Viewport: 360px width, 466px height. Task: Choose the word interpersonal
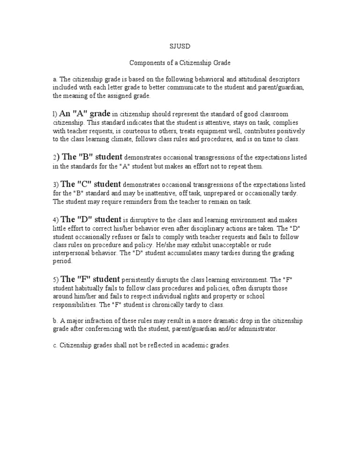[75, 254]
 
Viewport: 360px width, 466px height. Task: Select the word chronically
[175, 305]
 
